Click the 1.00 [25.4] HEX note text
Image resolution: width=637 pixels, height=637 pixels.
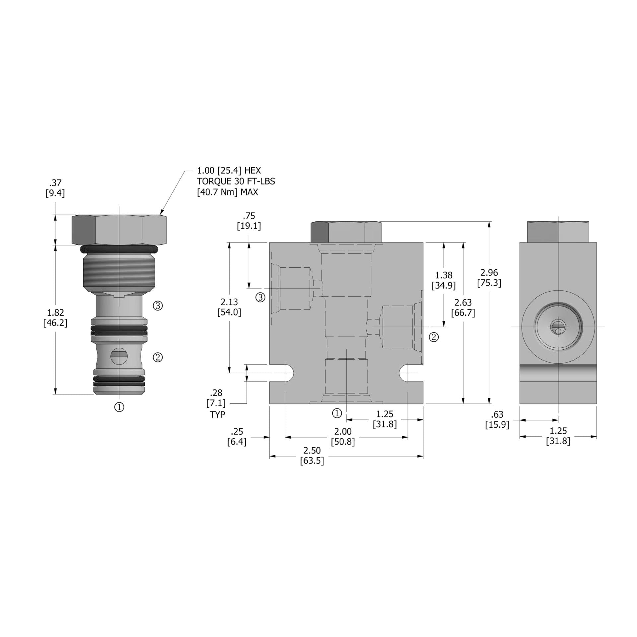[x=229, y=171]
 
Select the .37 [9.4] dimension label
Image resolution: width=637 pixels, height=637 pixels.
[x=55, y=188]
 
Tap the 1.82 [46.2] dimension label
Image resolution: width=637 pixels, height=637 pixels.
[x=55, y=318]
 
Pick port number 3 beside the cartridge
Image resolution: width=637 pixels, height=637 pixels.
[x=158, y=306]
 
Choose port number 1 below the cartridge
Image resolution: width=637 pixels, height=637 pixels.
[x=119, y=407]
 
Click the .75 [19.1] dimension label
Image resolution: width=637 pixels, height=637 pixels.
[x=249, y=221]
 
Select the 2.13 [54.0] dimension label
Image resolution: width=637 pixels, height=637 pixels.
[x=229, y=307]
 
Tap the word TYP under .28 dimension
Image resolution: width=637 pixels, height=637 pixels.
[x=217, y=414]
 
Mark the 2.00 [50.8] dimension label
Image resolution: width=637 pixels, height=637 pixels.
[x=343, y=437]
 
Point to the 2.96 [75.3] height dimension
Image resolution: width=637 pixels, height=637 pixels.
[x=489, y=278]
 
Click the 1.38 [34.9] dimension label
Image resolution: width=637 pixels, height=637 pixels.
[x=444, y=280]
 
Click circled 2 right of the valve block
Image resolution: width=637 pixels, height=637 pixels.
[x=434, y=337]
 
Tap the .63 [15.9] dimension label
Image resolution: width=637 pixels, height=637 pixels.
[x=497, y=419]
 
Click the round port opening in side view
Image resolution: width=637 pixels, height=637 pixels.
[x=558, y=327]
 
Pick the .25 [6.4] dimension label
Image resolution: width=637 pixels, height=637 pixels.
[x=237, y=437]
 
